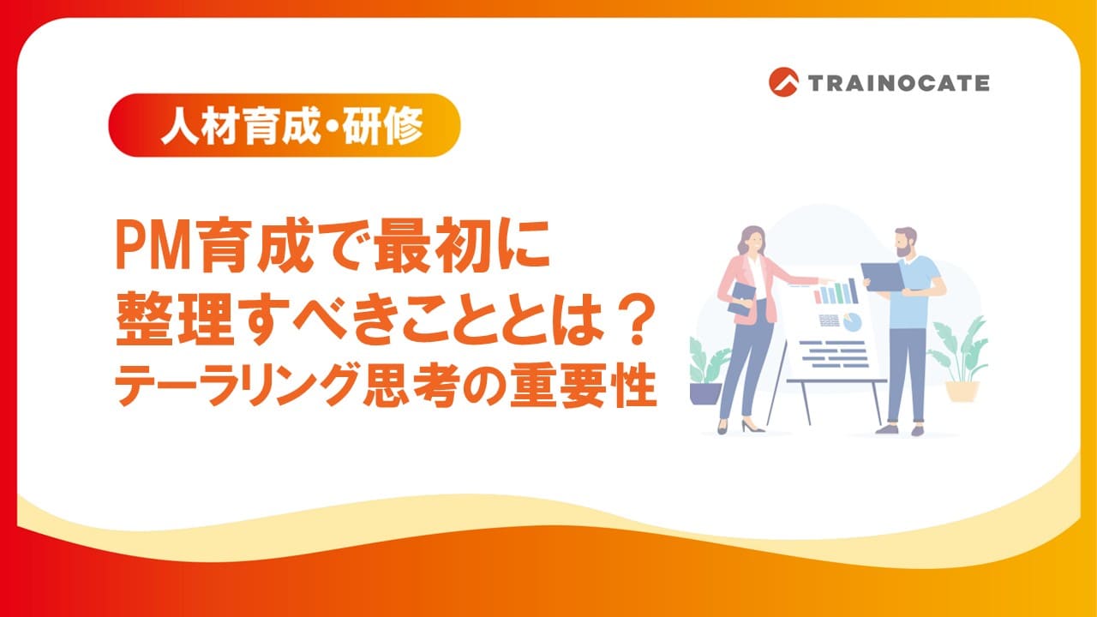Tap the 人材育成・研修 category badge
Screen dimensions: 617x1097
point(285,125)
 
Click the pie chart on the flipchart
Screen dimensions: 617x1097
point(852,321)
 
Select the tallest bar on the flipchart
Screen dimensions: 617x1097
point(853,291)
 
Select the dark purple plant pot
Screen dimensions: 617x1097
point(705,392)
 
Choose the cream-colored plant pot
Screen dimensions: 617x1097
point(962,391)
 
